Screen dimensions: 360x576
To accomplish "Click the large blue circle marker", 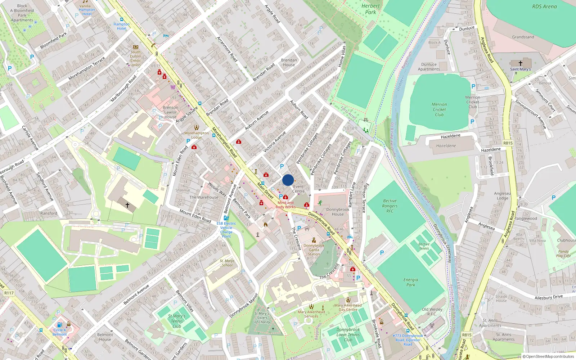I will [x=288, y=180].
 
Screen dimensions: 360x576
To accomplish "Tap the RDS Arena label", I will [x=544, y=6].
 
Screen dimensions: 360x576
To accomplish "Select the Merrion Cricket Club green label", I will [x=439, y=109].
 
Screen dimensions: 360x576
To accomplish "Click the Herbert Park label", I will [x=370, y=9].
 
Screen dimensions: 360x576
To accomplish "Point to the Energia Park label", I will [x=411, y=282].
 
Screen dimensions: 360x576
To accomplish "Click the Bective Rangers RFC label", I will [x=390, y=206].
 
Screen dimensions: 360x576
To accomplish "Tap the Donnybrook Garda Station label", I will [x=314, y=249].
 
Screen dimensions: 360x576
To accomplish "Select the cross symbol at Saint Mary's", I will [x=520, y=63].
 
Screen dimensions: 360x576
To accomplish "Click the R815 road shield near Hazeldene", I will [x=508, y=143].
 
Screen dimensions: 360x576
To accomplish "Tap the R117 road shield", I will [x=9, y=293].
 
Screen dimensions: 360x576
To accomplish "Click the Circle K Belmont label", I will [x=60, y=332].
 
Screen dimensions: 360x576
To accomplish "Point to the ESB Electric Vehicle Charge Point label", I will [x=226, y=230].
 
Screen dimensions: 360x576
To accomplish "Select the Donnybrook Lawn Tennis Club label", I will [x=348, y=334].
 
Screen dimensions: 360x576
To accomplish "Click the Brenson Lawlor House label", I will [x=170, y=112].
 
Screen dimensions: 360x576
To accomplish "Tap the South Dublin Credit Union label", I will [x=135, y=58].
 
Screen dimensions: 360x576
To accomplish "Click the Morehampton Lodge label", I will [x=197, y=135].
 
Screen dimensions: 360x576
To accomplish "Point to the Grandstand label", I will [x=523, y=37].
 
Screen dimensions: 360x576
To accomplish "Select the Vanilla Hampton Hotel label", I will [x=86, y=10].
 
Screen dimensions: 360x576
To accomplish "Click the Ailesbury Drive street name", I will [x=548, y=297].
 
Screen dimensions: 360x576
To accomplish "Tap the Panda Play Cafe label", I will [x=563, y=254].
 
